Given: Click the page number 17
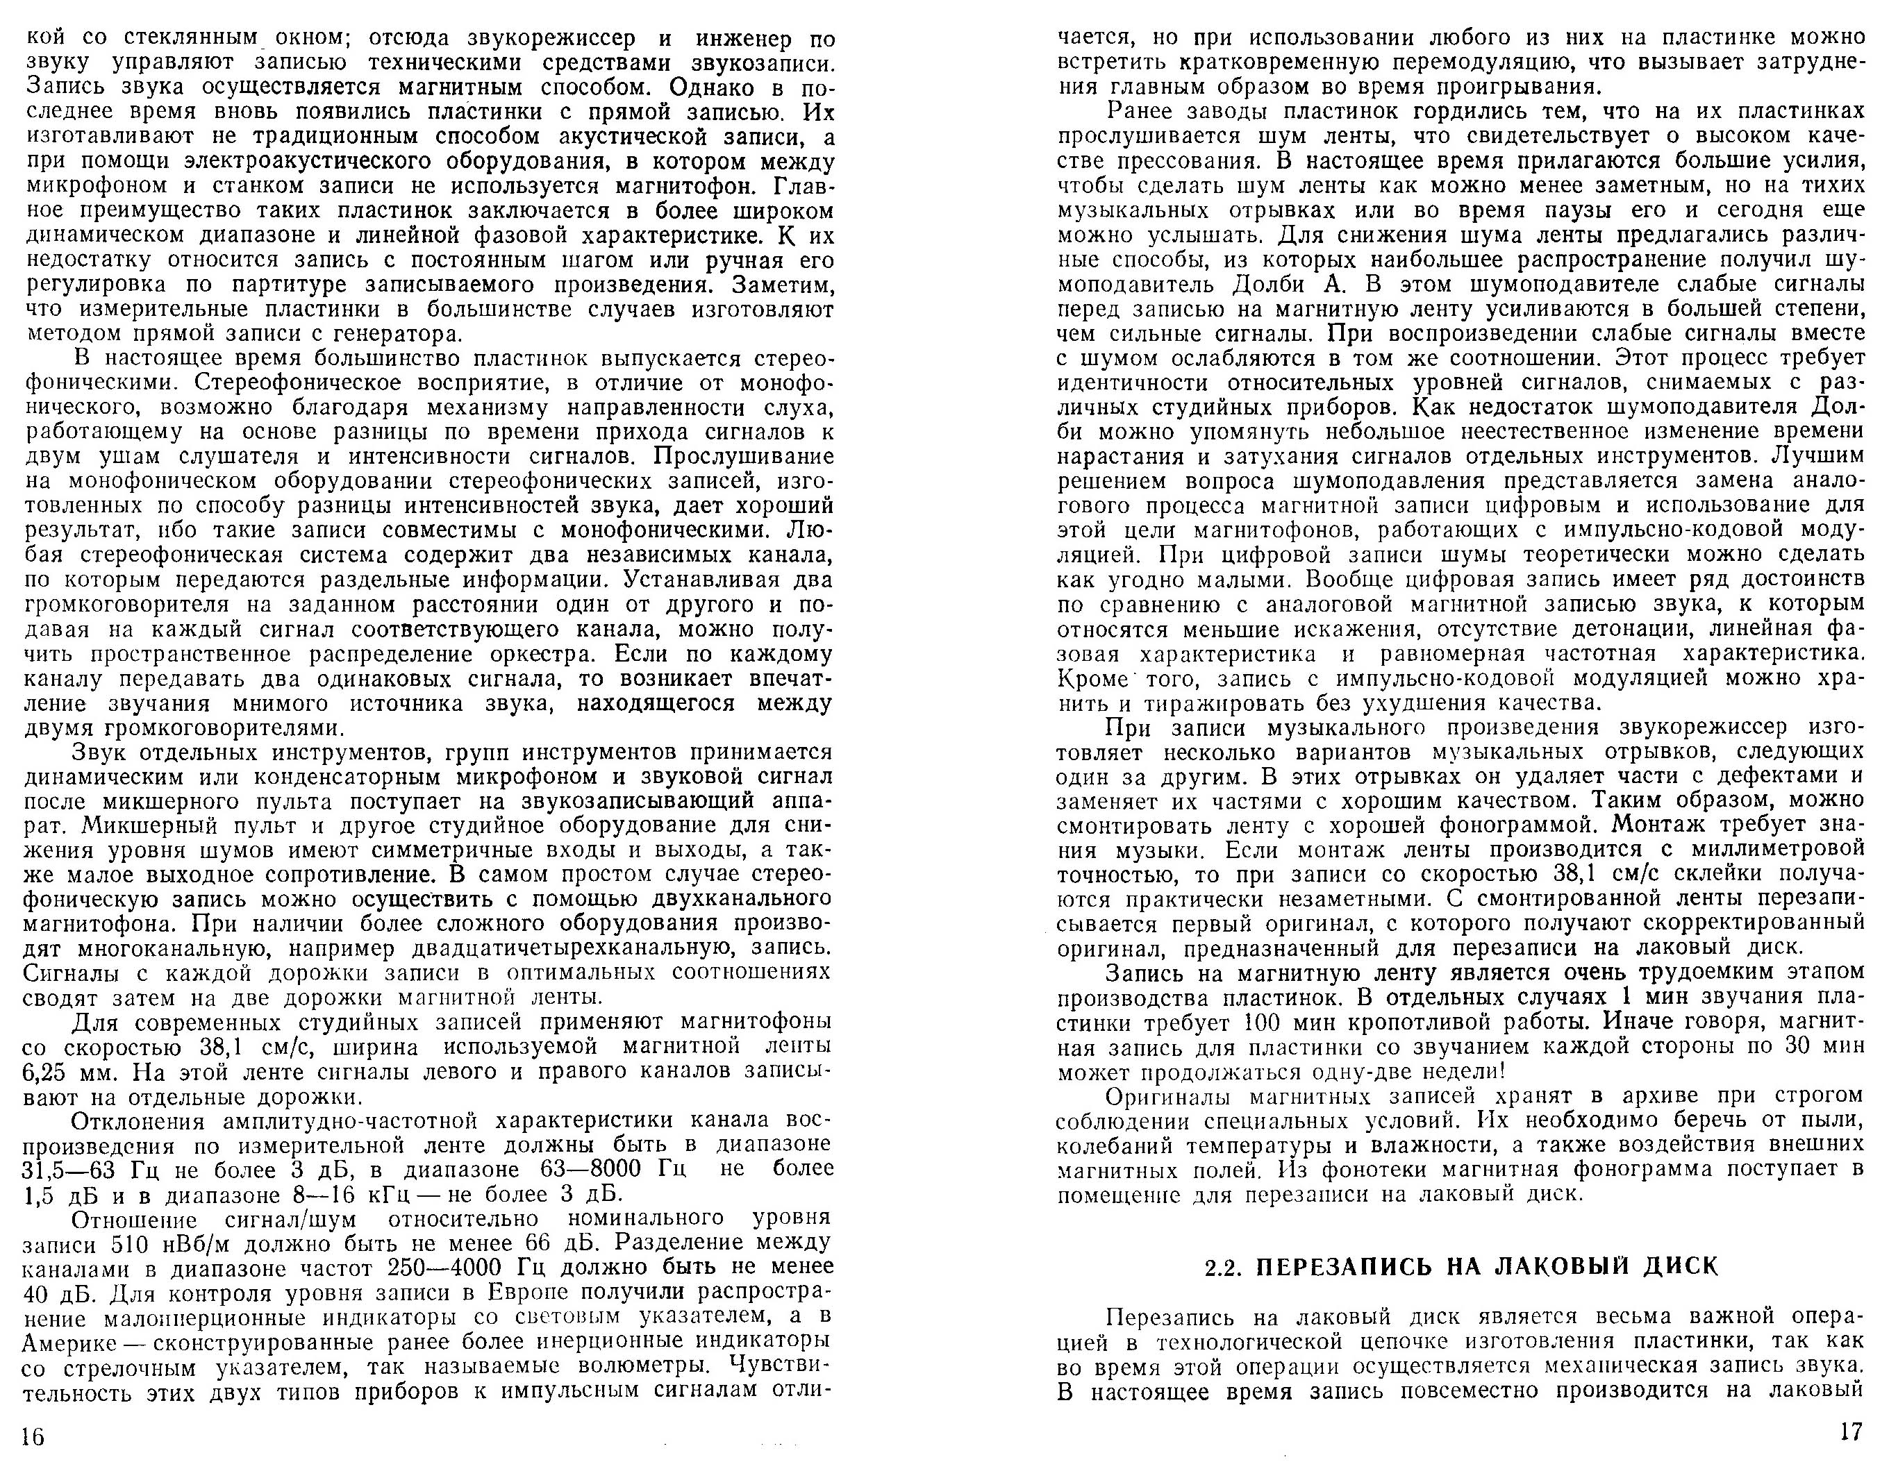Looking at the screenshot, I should pyautogui.click(x=1850, y=1431).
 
